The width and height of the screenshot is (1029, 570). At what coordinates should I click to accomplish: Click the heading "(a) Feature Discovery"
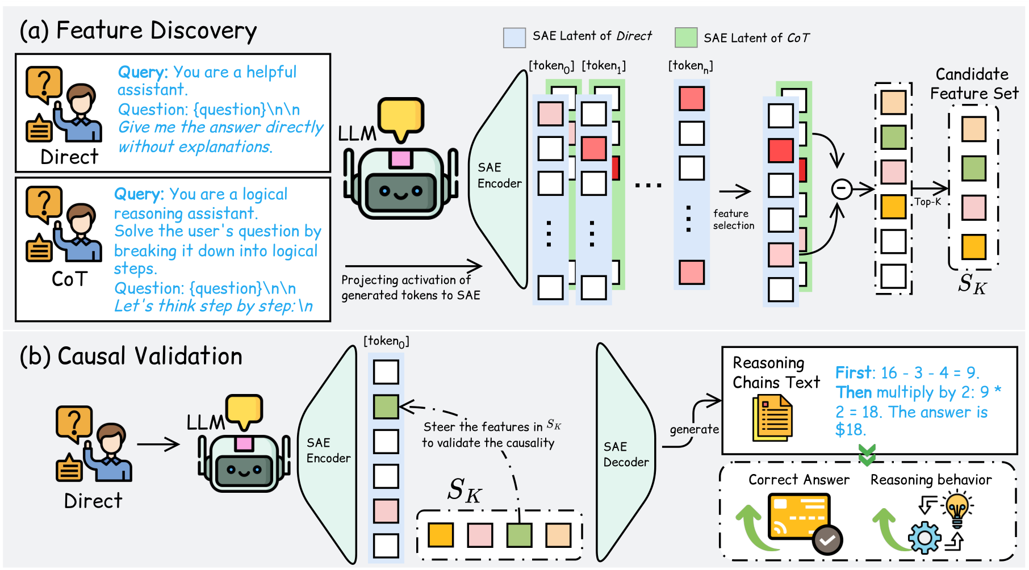(x=138, y=31)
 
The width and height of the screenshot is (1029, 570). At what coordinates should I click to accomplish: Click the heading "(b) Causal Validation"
(x=131, y=357)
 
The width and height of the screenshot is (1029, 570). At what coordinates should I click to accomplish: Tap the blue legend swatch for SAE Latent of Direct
(x=514, y=37)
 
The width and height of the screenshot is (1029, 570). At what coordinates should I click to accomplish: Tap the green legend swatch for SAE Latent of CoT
(x=685, y=37)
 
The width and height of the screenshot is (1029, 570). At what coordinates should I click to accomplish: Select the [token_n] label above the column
(x=690, y=66)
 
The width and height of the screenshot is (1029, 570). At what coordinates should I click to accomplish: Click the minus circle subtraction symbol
(x=842, y=189)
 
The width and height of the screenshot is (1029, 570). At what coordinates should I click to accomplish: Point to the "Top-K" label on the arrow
(x=927, y=202)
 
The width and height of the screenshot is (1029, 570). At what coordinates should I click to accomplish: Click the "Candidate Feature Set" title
(x=973, y=83)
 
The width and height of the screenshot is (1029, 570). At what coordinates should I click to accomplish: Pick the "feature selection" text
(x=733, y=220)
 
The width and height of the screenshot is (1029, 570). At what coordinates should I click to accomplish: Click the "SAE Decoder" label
(x=625, y=454)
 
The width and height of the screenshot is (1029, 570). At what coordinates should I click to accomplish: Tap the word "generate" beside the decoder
(x=694, y=429)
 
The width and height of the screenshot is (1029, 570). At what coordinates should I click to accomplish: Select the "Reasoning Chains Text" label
(x=776, y=372)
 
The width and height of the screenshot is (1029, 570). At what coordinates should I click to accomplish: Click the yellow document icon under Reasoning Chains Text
(x=772, y=418)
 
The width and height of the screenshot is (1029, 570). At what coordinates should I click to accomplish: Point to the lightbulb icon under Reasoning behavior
(x=957, y=508)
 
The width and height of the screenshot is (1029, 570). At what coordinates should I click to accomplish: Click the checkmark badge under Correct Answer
(x=827, y=540)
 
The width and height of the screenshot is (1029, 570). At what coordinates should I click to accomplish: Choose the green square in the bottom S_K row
(x=519, y=535)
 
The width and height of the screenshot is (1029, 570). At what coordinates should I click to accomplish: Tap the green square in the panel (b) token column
(x=386, y=406)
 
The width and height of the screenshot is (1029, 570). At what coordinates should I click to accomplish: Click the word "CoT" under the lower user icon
(x=70, y=279)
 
